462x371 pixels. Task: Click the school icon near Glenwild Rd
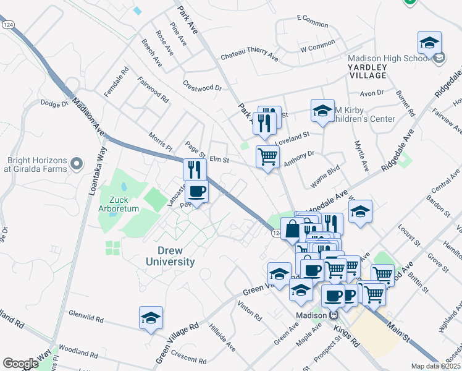(151, 318)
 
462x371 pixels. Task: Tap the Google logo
(20, 364)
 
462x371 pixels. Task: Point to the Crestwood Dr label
(202, 85)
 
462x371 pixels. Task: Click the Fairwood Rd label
(153, 90)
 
